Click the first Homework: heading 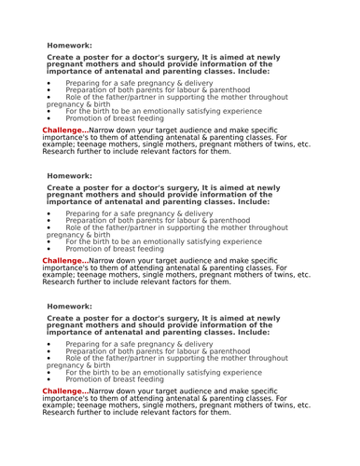[x=69, y=45]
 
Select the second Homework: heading [x=69, y=175]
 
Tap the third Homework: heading [x=69, y=306]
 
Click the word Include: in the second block [x=253, y=200]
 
